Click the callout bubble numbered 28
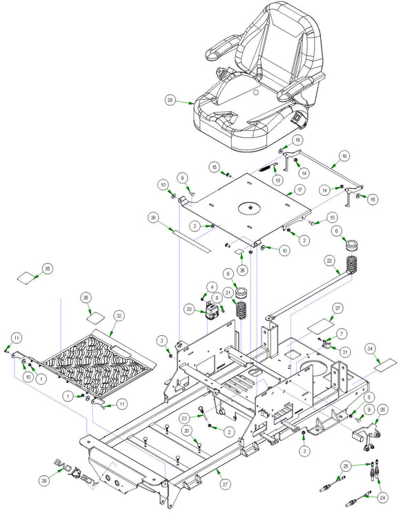170,100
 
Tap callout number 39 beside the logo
44,481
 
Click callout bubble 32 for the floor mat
119,316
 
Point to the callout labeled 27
224,484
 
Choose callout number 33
190,309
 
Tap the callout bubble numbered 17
299,190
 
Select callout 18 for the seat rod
344,156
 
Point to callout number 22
329,261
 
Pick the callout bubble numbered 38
153,218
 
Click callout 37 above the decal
337,308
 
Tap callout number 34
370,349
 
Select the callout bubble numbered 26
382,410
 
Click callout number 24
382,498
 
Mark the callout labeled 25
346,466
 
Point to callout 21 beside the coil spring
228,292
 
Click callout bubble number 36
242,270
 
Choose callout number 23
184,418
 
